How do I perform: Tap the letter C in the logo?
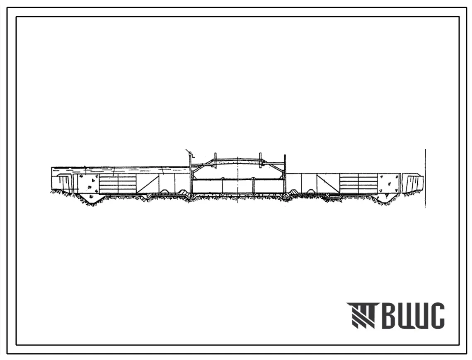[437, 315]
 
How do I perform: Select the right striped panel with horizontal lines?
[358, 183]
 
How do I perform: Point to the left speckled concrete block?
[89, 183]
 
